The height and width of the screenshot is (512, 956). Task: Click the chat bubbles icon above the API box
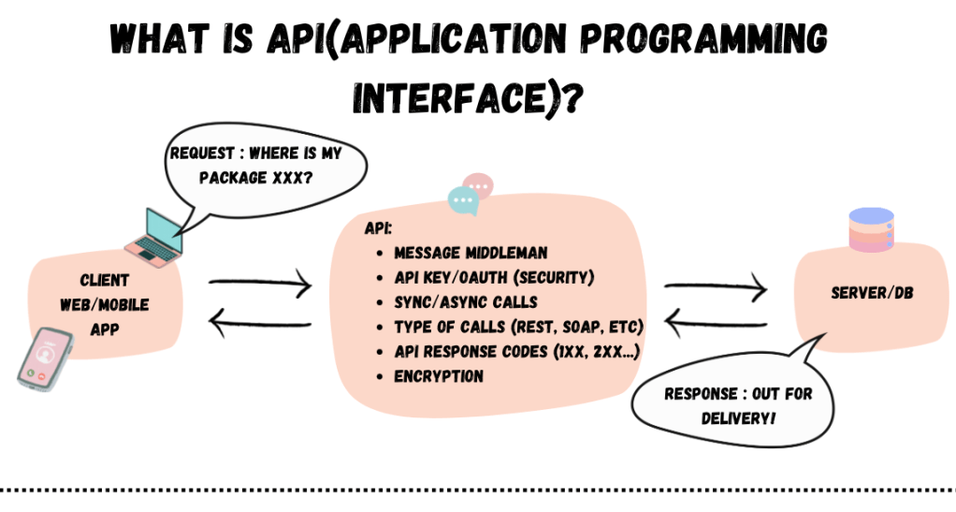pos(471,194)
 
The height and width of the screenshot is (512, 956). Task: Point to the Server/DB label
pos(872,293)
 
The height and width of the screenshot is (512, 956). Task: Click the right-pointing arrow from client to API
pos(260,281)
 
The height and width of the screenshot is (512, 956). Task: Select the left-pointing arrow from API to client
pos(260,325)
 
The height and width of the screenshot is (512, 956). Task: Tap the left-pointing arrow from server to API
pos(716,325)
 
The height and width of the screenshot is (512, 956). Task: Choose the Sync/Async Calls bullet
pos(465,302)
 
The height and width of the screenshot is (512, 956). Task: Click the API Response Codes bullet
pos(516,352)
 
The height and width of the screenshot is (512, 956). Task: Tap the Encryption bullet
pos(439,376)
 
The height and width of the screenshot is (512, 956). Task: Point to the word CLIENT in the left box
pos(105,280)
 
